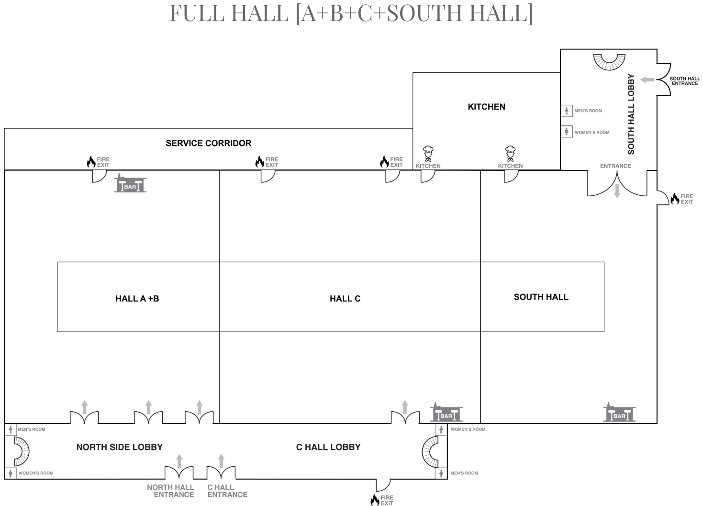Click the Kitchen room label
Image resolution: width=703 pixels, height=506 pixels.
tap(486, 107)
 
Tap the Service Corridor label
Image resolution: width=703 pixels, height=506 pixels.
tap(208, 143)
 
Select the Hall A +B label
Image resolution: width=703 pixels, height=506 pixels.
tap(137, 299)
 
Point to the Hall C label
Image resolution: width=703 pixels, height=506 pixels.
tap(345, 299)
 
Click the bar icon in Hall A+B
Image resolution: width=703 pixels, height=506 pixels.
tap(130, 184)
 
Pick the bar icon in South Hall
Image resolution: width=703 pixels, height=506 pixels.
tap(619, 413)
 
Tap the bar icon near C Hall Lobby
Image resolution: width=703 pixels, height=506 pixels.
tap(446, 413)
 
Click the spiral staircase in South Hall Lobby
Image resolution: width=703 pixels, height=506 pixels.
tap(609, 62)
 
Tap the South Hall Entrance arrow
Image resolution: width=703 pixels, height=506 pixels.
tap(647, 79)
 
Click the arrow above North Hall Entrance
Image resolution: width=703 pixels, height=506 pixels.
tap(179, 461)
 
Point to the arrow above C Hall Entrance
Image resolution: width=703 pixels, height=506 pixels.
tap(221, 461)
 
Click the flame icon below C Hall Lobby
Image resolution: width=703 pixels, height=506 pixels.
tap(375, 500)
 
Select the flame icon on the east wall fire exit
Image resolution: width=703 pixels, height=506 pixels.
tap(675, 199)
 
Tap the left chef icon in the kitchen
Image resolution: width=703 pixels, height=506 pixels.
tap(428, 154)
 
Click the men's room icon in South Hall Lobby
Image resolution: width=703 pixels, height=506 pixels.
tap(567, 111)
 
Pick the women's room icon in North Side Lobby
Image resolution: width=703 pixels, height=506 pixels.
tap(11, 473)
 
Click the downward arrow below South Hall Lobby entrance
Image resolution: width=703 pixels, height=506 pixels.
tap(617, 191)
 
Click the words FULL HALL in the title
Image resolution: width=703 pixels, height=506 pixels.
tap(229, 13)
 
